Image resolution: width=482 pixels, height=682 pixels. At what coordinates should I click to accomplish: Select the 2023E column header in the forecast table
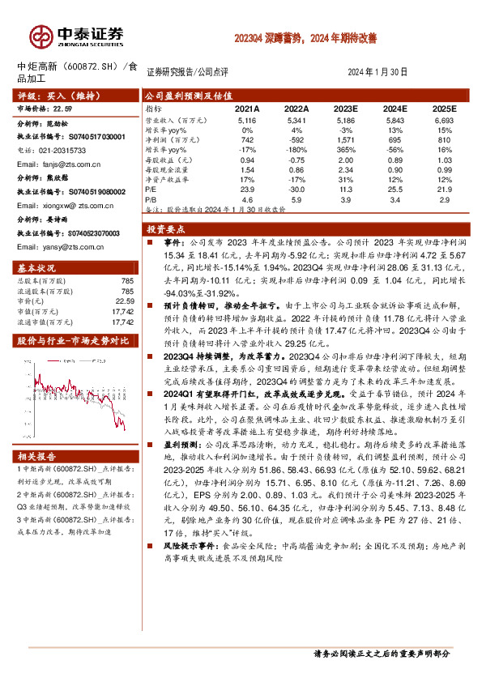tap(345, 108)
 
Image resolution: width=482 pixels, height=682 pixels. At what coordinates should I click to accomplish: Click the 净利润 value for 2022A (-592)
tap(296, 139)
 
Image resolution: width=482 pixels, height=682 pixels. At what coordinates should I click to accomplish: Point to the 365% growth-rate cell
tap(345, 150)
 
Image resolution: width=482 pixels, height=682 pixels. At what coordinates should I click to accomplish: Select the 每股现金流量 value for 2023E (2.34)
tap(345, 171)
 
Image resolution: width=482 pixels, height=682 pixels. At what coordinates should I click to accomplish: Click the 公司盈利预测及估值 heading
tap(182, 95)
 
